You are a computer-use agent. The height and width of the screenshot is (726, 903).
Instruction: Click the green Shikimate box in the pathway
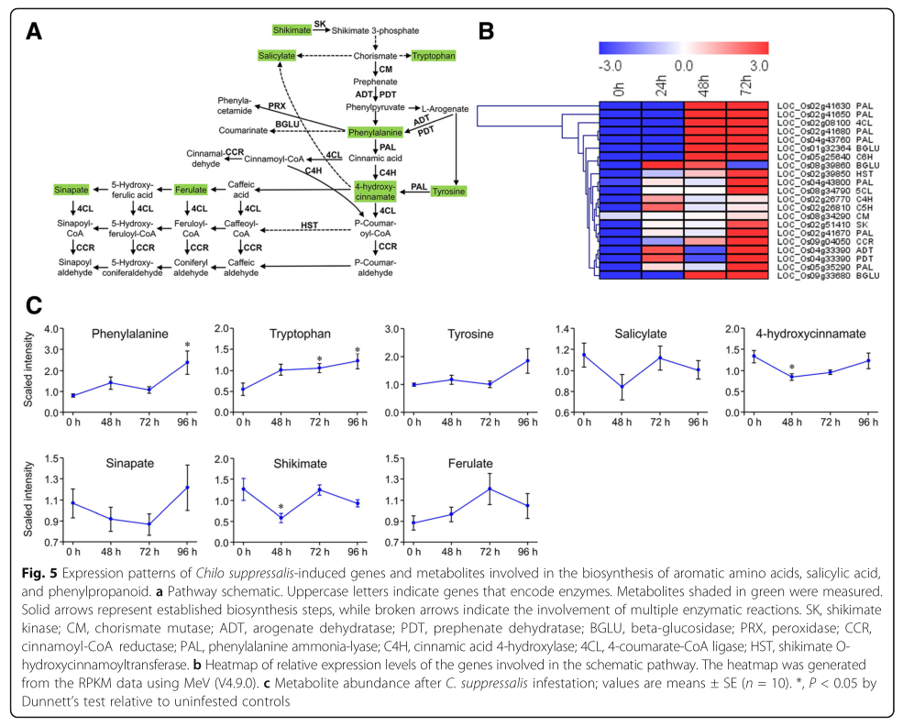292,30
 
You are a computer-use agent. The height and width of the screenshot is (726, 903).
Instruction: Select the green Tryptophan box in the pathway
433,56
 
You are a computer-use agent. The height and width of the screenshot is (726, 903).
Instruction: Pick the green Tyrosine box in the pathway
448,191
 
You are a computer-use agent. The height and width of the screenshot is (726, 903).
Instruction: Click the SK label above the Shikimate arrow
319,23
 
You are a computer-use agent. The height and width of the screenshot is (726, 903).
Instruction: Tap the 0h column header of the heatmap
620,89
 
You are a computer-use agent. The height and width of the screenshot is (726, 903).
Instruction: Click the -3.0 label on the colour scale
611,66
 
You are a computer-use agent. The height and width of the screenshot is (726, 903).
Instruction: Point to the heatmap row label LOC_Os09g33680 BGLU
821,275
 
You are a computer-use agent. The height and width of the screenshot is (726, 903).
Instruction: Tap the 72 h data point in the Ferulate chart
490,489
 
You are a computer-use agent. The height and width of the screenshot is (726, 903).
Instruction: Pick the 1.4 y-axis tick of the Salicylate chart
567,327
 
